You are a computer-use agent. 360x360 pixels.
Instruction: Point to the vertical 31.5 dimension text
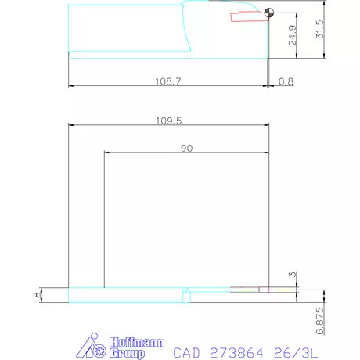[x=319, y=31]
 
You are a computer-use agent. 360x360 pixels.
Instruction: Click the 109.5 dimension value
[x=167, y=121]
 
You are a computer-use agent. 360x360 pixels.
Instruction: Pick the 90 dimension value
[x=187, y=148]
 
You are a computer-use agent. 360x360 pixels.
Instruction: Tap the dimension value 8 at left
[x=36, y=295]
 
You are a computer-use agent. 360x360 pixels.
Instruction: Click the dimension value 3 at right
[x=292, y=275]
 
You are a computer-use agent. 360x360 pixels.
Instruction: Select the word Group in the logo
[x=125, y=353]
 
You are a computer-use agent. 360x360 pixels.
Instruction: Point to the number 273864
[x=239, y=352]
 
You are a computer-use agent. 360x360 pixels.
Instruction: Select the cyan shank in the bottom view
[x=125, y=295]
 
